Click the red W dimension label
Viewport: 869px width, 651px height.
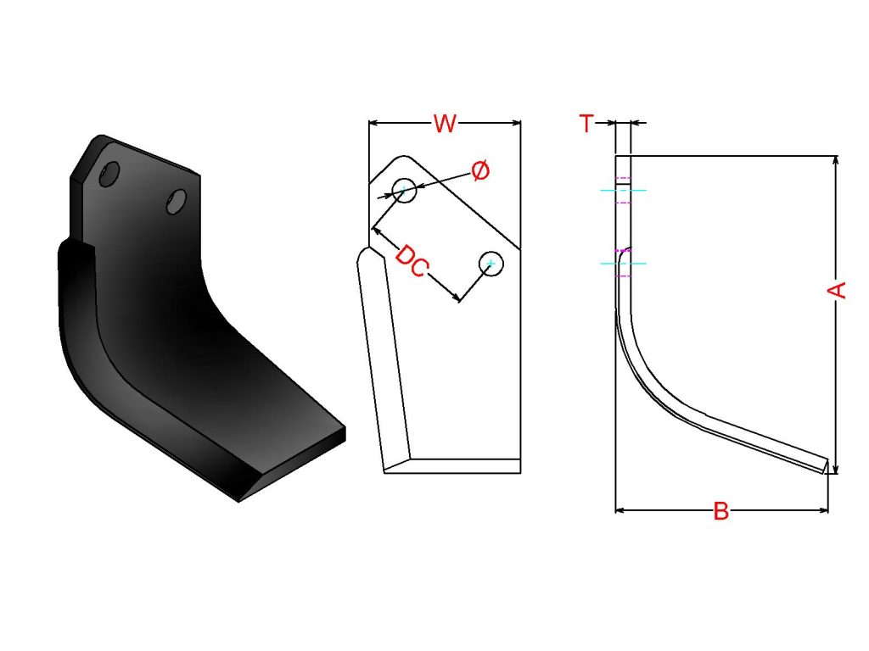pyautogui.click(x=445, y=124)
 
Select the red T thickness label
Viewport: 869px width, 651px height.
pyautogui.click(x=586, y=123)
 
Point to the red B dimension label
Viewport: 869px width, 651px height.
pyautogui.click(x=720, y=511)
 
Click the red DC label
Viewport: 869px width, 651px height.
pyautogui.click(x=412, y=261)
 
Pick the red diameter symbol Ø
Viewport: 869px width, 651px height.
pyautogui.click(x=480, y=170)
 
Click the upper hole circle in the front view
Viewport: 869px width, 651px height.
pyautogui.click(x=404, y=191)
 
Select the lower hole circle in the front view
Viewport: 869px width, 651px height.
pyautogui.click(x=491, y=264)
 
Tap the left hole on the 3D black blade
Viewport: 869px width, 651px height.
pyautogui.click(x=109, y=174)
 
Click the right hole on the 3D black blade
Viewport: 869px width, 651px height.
pyautogui.click(x=177, y=202)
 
